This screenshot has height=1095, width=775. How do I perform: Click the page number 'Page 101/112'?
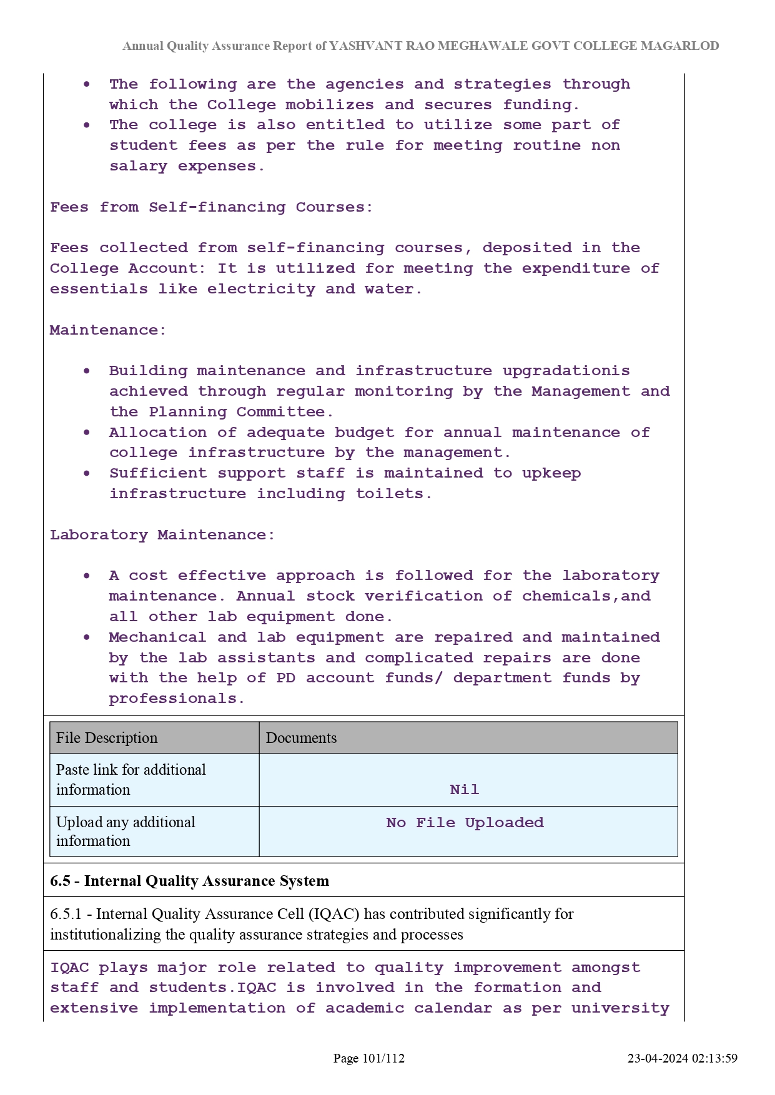(x=368, y=1058)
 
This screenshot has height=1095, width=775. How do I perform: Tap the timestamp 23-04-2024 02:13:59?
(x=682, y=1058)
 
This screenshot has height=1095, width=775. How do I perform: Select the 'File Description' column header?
(x=107, y=738)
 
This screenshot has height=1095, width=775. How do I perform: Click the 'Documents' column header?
(x=301, y=738)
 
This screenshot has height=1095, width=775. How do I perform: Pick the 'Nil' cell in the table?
(x=465, y=790)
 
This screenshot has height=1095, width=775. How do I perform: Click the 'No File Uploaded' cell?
(x=465, y=823)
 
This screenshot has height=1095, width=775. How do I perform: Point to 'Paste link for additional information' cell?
(x=131, y=780)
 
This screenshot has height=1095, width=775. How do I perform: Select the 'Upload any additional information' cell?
(x=126, y=832)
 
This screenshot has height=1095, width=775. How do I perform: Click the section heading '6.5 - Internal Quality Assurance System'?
(x=189, y=881)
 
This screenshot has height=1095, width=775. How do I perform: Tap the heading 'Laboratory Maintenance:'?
(x=162, y=535)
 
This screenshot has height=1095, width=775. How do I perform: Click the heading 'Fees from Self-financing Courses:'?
(x=212, y=207)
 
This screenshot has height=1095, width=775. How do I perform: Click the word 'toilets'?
(x=391, y=494)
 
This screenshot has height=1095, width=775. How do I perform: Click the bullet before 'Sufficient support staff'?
(x=87, y=473)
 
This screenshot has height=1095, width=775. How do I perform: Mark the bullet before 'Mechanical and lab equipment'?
(x=87, y=637)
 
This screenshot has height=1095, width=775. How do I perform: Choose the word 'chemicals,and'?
(x=586, y=596)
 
